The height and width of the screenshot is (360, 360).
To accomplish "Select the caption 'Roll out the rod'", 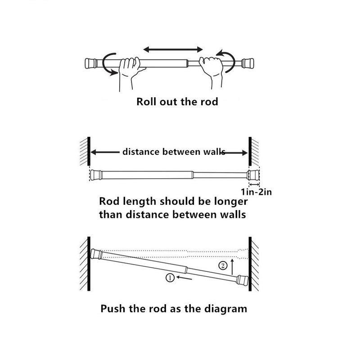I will click(x=177, y=102).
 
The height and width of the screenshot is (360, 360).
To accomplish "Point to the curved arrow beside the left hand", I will click(x=108, y=63).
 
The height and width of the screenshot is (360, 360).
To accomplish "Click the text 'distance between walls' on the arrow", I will click(x=173, y=152).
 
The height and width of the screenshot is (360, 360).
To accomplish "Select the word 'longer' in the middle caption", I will click(x=225, y=201).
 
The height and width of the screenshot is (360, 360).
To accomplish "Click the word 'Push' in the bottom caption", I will click(x=114, y=309).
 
